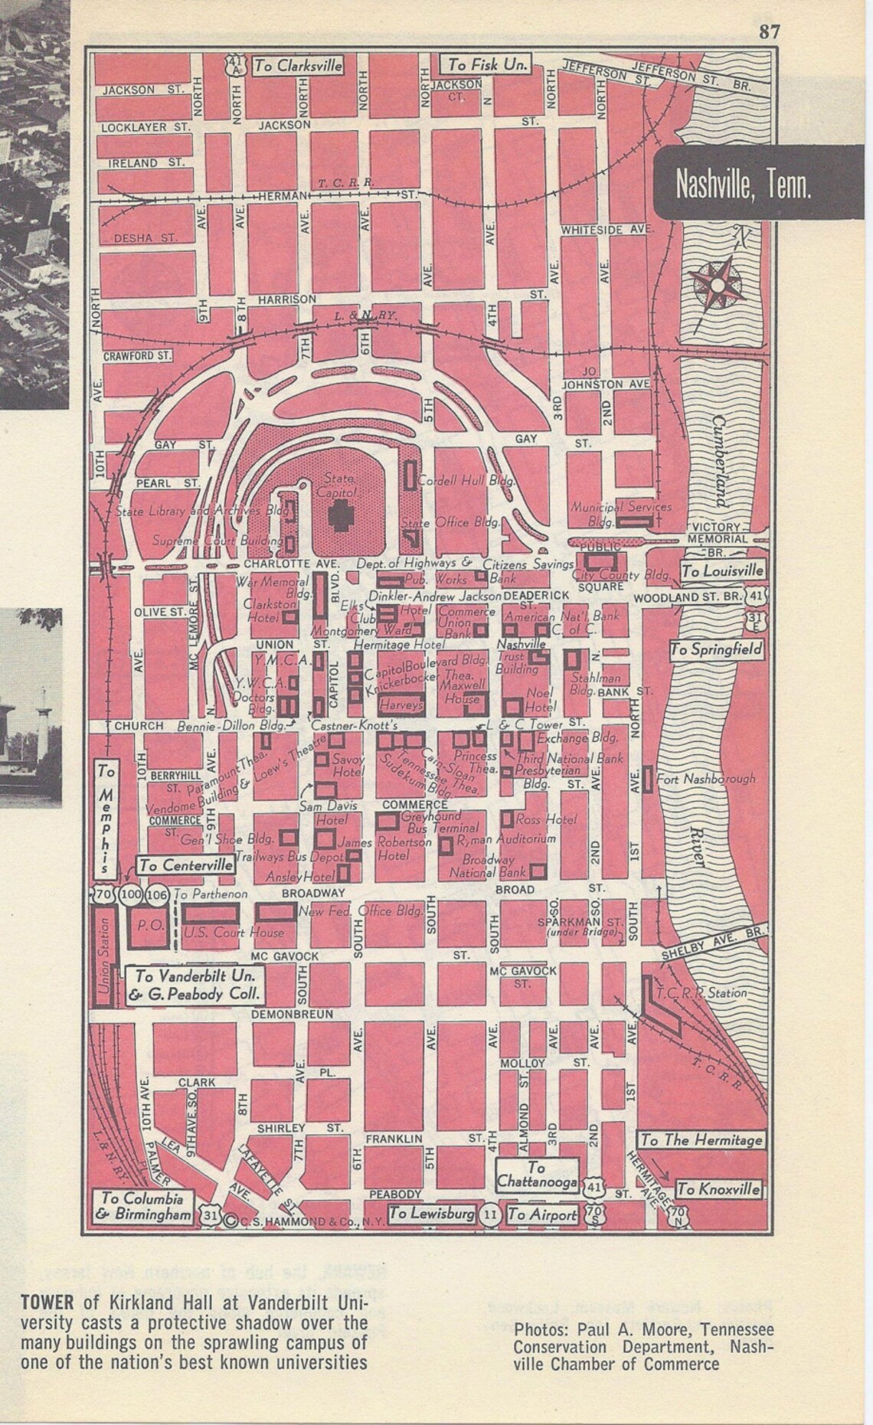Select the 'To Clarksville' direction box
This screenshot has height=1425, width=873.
pyautogui.click(x=298, y=66)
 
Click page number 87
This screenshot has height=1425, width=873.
pyautogui.click(x=769, y=31)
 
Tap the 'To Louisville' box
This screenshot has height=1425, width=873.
pyautogui.click(x=722, y=570)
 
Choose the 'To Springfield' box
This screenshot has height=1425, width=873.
pyautogui.click(x=717, y=650)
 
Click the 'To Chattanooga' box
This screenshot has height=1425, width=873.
pyautogui.click(x=536, y=1175)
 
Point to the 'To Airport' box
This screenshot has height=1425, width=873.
pyautogui.click(x=542, y=1214)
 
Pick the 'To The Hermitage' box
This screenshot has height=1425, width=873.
pyautogui.click(x=701, y=1139)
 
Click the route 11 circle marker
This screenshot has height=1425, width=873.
pyautogui.click(x=490, y=1215)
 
